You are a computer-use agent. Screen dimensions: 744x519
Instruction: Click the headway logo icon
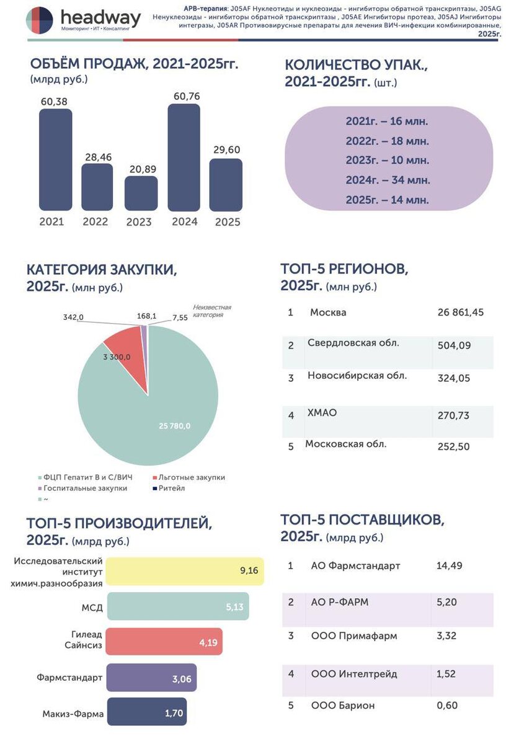(40, 20)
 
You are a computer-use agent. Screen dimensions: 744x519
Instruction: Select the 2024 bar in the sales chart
(184, 158)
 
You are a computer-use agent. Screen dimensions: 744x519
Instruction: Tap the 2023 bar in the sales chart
(141, 193)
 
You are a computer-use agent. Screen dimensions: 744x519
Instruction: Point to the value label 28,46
(98, 157)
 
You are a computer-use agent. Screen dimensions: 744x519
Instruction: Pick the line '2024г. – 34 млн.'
(388, 180)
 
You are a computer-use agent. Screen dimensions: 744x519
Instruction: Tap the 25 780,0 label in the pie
(174, 426)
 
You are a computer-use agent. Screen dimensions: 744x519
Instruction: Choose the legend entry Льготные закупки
(192, 477)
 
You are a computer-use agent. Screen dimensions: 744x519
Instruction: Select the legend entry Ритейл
(171, 488)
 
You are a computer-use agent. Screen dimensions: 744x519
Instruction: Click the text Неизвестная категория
(211, 311)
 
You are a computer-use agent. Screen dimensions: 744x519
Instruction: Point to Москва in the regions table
(328, 312)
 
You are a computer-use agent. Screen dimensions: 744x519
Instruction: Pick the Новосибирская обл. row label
(357, 376)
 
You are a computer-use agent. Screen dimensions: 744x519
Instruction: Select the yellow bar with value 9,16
(184, 570)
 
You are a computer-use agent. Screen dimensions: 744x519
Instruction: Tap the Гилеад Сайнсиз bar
(164, 642)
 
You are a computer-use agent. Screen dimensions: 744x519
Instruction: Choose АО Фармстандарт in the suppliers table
(355, 565)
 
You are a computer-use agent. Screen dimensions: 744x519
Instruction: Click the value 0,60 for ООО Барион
(447, 706)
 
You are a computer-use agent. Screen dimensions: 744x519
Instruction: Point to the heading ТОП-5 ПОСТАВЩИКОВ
(362, 520)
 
